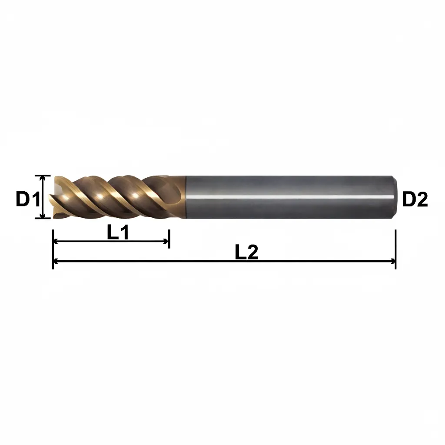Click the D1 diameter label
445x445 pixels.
click(28, 199)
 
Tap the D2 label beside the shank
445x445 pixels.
click(415, 199)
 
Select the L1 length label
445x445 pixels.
click(118, 233)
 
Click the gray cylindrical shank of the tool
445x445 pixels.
click(287, 187)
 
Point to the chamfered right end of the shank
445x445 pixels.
click(395, 197)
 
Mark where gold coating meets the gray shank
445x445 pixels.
click(185, 197)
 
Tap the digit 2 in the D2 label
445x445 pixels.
click(422, 199)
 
